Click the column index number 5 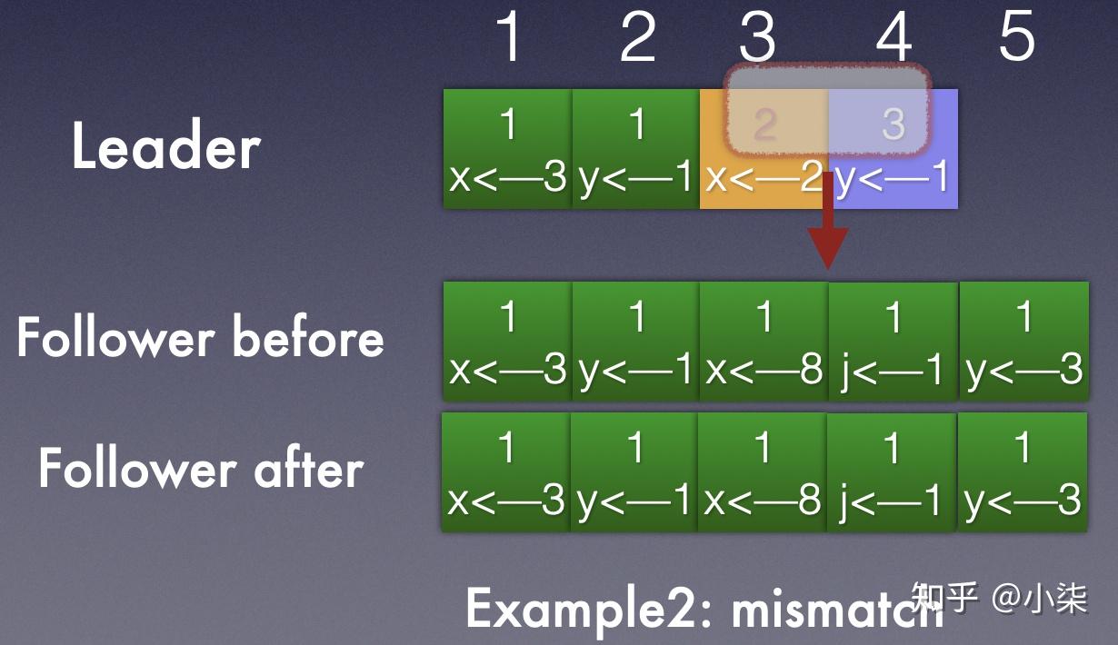pos(1017,36)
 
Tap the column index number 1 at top pos(509,36)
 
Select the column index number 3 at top pos(758,36)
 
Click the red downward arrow pos(828,221)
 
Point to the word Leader pos(166,145)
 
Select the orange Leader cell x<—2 pos(764,149)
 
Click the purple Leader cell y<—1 pos(893,149)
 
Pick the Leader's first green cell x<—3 pos(507,149)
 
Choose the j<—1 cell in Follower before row pos(893,342)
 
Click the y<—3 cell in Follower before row pos(1023,342)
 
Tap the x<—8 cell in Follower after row pos(762,471)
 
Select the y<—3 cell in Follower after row pos(1023,471)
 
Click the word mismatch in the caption pos(837,609)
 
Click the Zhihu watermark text pos(999,597)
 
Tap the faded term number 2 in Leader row pos(764,124)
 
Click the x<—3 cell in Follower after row pos(506,471)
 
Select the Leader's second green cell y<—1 pos(636,149)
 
